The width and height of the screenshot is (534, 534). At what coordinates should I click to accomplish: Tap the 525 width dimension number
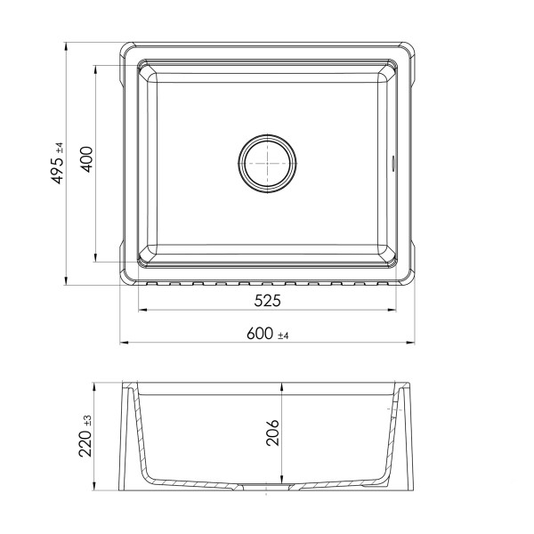(267, 301)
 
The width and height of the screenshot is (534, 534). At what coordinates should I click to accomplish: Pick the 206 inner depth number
(273, 436)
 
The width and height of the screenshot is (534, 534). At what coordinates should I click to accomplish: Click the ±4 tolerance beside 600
(284, 336)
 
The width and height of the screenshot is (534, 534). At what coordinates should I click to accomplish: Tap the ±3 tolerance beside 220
(86, 418)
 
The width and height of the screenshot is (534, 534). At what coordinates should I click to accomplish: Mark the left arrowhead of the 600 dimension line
(124, 343)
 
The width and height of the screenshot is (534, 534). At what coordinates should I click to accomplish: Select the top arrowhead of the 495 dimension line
(68, 44)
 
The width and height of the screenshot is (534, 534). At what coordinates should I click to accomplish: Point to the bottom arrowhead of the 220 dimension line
(96, 490)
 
